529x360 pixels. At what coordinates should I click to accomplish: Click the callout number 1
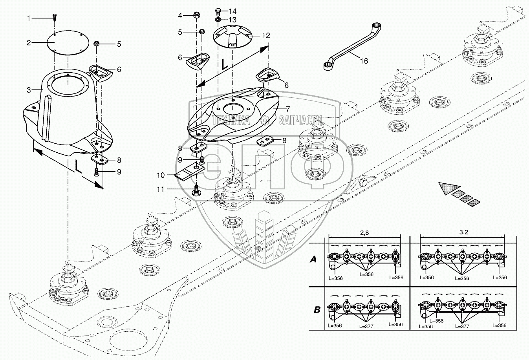click(x=29, y=18)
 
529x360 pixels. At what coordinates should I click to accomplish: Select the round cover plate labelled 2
click(x=68, y=43)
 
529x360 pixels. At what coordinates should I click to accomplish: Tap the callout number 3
click(x=29, y=90)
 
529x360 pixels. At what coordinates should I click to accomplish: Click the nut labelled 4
click(x=196, y=15)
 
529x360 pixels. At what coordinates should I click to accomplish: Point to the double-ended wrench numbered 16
click(x=352, y=46)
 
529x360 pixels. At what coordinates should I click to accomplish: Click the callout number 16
click(x=364, y=61)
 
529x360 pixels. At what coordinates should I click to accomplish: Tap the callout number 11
click(x=161, y=189)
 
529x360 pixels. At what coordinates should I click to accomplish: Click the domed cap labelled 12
click(x=232, y=37)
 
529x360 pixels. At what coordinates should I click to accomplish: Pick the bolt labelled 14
click(x=218, y=11)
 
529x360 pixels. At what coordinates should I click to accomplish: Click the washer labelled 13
click(x=218, y=20)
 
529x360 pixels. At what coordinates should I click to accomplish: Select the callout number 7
click(x=287, y=109)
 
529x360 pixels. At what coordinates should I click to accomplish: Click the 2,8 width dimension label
click(x=364, y=233)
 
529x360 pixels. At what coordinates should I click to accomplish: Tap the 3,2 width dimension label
click(x=463, y=232)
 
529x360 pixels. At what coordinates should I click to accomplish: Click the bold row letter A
click(x=313, y=260)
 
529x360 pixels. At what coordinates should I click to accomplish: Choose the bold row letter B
click(x=317, y=309)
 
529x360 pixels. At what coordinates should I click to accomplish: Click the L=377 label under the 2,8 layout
click(x=366, y=326)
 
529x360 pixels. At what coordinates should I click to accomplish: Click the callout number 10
click(x=161, y=175)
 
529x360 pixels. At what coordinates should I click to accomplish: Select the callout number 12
click(x=266, y=36)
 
